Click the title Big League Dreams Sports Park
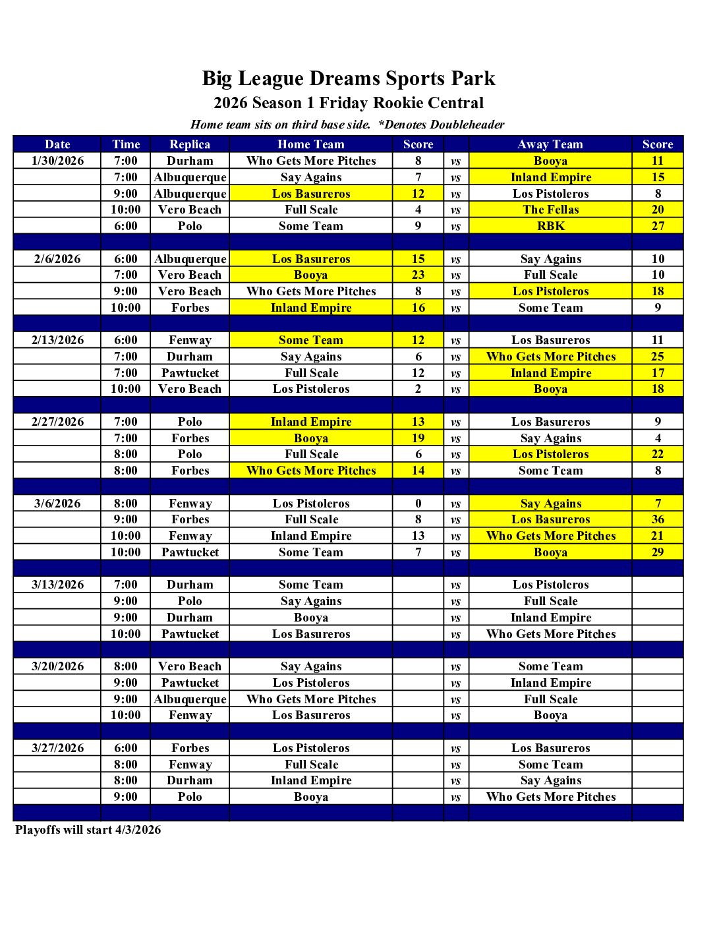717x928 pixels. tap(348, 78)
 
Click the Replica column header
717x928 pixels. tap(190, 144)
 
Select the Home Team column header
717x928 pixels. tap(310, 144)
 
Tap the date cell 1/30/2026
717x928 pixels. tap(57, 161)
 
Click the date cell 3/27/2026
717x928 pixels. tap(57, 748)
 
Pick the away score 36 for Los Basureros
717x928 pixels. tap(657, 519)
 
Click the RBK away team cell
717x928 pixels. tap(550, 226)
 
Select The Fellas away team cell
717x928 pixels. tap(550, 210)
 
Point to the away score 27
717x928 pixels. tap(657, 226)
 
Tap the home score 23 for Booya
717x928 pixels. tap(418, 275)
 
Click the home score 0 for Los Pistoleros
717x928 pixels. tap(418, 504)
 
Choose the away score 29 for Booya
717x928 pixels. tap(657, 552)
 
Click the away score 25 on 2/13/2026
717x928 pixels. tap(657, 357)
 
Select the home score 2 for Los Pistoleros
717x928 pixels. tap(418, 389)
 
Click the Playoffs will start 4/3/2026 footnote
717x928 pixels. tap(88, 830)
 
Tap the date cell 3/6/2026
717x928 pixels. tap(57, 504)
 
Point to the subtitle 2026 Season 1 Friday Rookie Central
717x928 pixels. tap(348, 103)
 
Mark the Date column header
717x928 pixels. tap(57, 144)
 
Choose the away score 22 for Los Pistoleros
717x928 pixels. tap(657, 454)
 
